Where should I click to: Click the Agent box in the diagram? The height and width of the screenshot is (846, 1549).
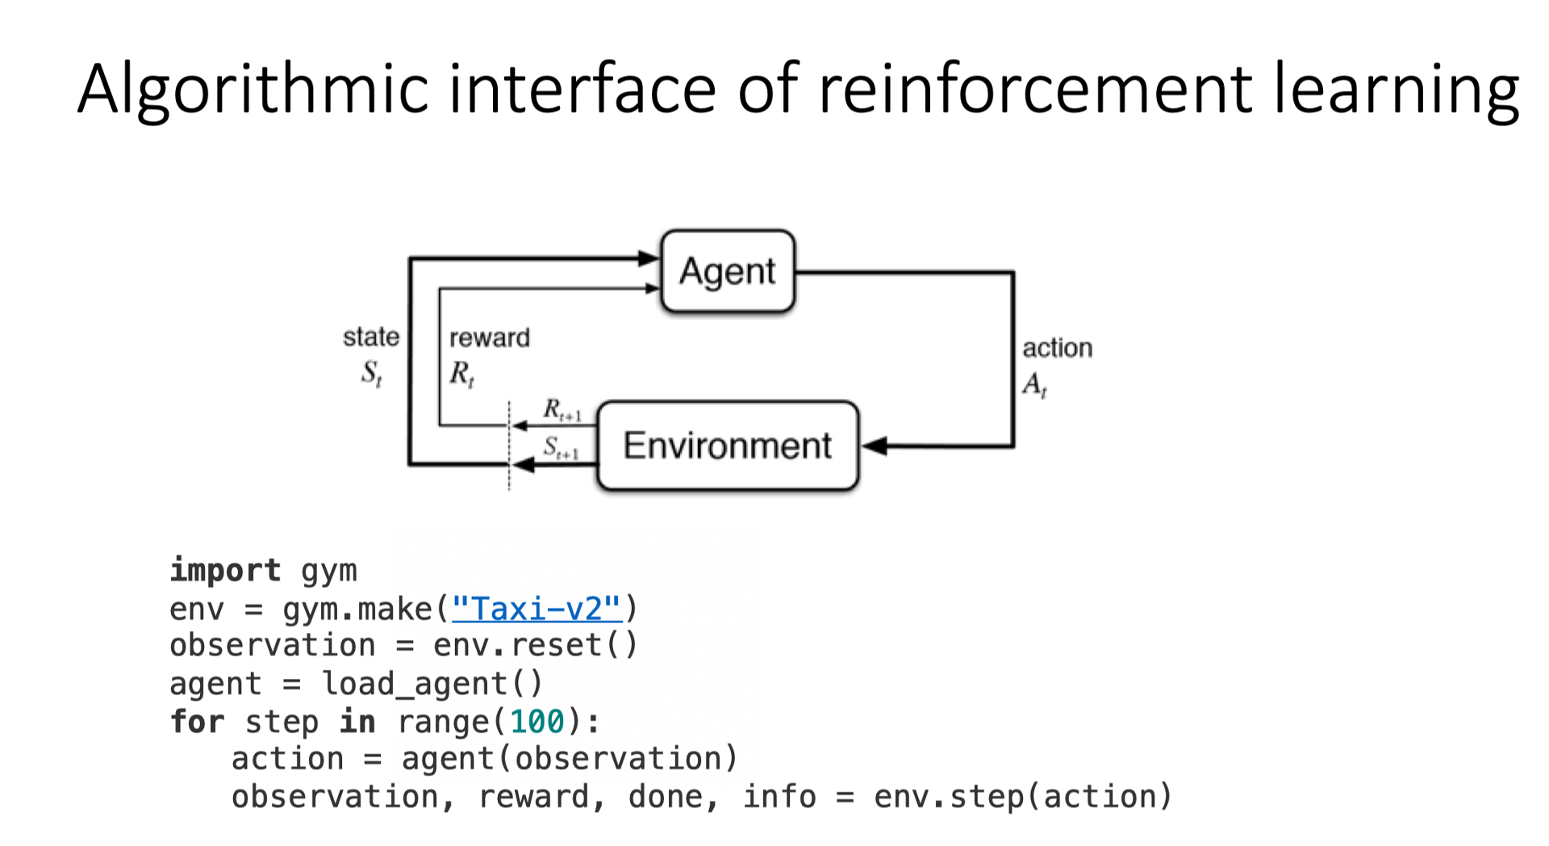[x=728, y=271]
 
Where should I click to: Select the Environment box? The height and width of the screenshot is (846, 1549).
[x=728, y=446]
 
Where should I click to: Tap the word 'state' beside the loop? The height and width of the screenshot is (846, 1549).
[x=371, y=337]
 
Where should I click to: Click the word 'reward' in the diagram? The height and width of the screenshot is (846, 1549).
[x=490, y=337]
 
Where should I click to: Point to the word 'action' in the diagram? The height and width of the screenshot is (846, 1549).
[x=1057, y=348]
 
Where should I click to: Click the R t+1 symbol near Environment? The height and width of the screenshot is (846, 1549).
[x=562, y=410]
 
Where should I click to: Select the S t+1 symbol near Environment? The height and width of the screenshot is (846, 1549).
[x=561, y=448]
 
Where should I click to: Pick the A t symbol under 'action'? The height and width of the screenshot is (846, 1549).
[x=1034, y=385]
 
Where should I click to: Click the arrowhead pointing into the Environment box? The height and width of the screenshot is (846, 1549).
[x=874, y=446]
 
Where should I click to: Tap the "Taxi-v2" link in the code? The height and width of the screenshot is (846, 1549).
[x=537, y=608]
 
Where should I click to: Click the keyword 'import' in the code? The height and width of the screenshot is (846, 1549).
[x=225, y=570]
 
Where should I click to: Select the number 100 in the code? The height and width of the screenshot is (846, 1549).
[x=537, y=722]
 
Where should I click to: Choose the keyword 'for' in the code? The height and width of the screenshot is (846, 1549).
[x=197, y=722]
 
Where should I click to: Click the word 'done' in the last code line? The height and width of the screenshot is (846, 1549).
[x=666, y=797]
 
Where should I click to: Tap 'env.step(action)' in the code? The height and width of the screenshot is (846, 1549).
[x=1022, y=797]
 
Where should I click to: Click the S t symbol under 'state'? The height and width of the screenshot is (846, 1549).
[x=371, y=373]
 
